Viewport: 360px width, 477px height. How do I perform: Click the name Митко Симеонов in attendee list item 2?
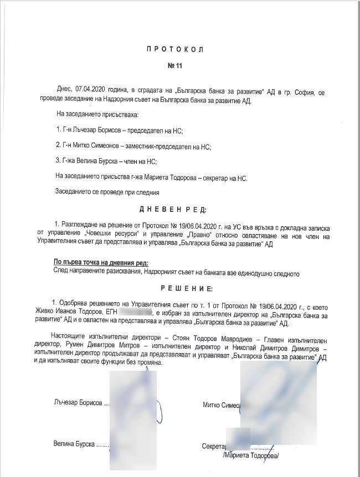coord(96,146)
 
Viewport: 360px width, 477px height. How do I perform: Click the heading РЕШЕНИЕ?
coord(178,288)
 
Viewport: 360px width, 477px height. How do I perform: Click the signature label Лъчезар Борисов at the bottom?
coord(78,403)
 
